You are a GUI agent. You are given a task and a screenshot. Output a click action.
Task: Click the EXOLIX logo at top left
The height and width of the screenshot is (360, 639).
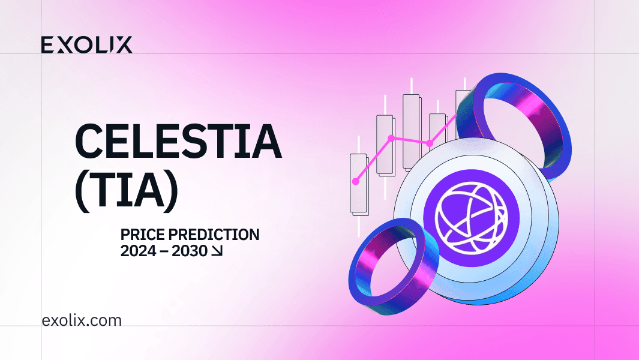click(x=86, y=45)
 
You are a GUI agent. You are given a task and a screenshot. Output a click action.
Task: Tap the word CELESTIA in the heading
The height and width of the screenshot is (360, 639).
click(x=178, y=141)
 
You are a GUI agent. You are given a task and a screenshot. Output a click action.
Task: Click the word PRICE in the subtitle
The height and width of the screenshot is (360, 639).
click(x=142, y=235)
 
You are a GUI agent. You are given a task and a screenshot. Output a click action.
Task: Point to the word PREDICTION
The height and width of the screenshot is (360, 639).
click(x=214, y=235)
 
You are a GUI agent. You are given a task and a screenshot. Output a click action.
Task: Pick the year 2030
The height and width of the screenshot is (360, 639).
click(x=190, y=251)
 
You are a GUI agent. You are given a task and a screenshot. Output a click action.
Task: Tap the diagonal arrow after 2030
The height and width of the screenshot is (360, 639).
click(x=217, y=251)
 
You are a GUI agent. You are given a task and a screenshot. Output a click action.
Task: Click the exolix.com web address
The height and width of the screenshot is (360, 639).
click(x=82, y=320)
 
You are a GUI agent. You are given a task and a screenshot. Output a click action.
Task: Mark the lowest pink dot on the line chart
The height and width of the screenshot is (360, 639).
click(x=356, y=181)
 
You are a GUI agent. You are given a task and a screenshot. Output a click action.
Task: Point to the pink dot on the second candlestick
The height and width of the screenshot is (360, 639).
click(x=391, y=138)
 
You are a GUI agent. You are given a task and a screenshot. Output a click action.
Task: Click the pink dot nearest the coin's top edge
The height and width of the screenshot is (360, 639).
click(x=429, y=143)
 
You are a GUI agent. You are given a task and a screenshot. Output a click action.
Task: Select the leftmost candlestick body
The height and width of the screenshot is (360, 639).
click(x=359, y=184)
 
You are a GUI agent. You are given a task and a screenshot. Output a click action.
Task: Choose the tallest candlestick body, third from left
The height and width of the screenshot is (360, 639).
click(x=412, y=132)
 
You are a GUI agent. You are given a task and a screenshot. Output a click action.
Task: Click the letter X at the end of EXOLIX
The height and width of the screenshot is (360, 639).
click(x=124, y=45)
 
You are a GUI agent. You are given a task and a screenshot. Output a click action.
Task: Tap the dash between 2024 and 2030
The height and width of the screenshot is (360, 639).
click(x=164, y=251)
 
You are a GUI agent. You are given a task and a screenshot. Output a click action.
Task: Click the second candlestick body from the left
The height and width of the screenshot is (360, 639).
click(x=385, y=146)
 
